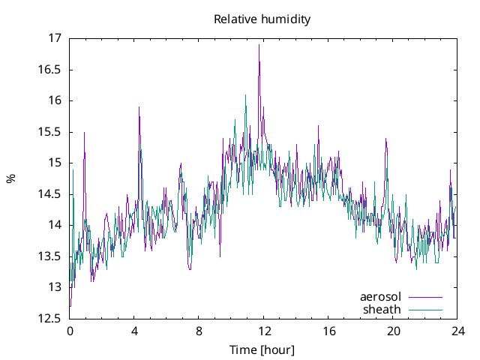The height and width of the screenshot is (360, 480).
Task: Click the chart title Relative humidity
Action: pyautogui.click(x=262, y=19)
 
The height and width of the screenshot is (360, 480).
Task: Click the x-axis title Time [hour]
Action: pyautogui.click(x=262, y=349)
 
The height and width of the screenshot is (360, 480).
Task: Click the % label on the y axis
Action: pyautogui.click(x=10, y=178)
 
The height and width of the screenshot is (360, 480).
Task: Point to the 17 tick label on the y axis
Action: pyautogui.click(x=55, y=38)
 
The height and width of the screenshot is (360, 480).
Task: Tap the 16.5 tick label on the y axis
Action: pyautogui.click(x=50, y=70)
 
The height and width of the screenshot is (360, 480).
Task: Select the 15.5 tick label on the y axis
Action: pyautogui.click(x=50, y=132)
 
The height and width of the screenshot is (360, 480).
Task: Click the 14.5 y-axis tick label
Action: pyautogui.click(x=50, y=194)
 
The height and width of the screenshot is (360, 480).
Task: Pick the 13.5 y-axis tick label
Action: pyautogui.click(x=50, y=256)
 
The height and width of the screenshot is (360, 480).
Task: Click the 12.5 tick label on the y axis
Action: pyautogui.click(x=50, y=319)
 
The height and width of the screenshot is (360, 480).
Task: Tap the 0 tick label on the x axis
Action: pyautogui.click(x=70, y=331)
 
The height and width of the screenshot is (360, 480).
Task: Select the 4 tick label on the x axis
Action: pyautogui.click(x=134, y=331)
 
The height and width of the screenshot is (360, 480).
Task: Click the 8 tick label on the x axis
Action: pyautogui.click(x=199, y=331)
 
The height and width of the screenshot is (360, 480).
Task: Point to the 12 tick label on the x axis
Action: pyautogui.click(x=263, y=331)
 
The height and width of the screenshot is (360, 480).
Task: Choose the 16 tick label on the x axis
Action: pyautogui.click(x=328, y=331)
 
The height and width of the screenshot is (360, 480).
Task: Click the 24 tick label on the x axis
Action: pyautogui.click(x=457, y=331)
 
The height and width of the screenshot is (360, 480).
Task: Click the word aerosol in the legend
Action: pyautogui.click(x=381, y=297)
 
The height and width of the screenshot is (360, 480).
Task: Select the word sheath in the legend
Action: pyautogui.click(x=382, y=309)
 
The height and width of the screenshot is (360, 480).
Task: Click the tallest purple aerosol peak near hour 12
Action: pyautogui.click(x=259, y=45)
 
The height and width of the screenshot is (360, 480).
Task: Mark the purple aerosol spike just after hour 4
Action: pyautogui.click(x=139, y=107)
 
